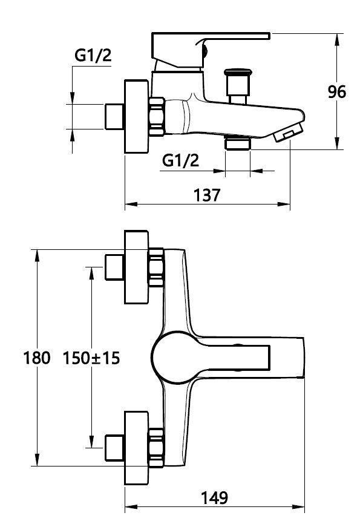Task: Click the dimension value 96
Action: tap(336, 92)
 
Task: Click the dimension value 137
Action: tap(206, 195)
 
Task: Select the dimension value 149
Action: tap(215, 497)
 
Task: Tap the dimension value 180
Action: tap(36, 358)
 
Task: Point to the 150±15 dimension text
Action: tap(91, 358)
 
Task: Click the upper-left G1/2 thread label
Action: tap(93, 56)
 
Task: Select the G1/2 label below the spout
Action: tap(181, 160)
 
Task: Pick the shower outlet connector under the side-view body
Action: tap(237, 143)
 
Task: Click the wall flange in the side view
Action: tap(136, 116)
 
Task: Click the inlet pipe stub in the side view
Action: tap(114, 116)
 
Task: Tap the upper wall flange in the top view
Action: tap(136, 267)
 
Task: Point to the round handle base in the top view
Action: tap(172, 358)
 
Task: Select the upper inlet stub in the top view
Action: tap(114, 267)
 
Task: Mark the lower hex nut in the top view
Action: tap(156, 448)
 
